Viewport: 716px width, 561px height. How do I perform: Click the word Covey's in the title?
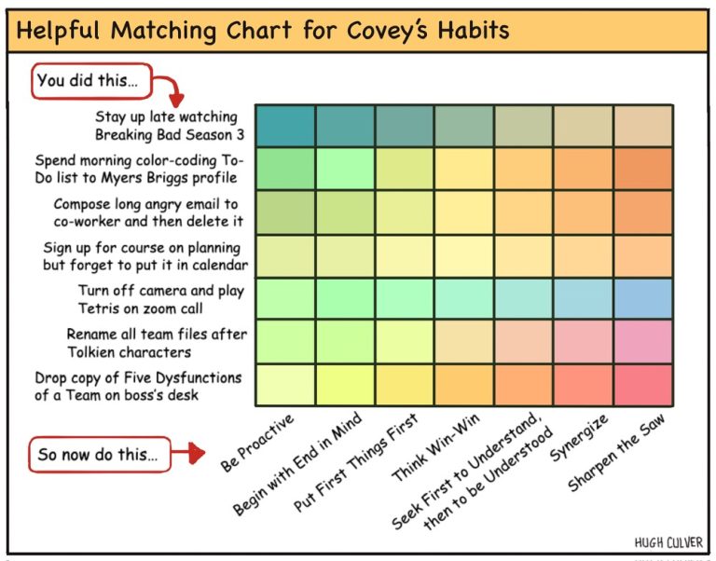pyautogui.click(x=388, y=31)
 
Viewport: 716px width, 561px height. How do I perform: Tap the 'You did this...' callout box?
pyautogui.click(x=91, y=81)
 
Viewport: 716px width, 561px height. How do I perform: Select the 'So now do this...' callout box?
pyautogui.click(x=100, y=454)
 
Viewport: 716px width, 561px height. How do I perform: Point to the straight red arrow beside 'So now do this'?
pyautogui.click(x=188, y=452)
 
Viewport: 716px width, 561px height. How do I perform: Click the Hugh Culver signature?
pyautogui.click(x=668, y=542)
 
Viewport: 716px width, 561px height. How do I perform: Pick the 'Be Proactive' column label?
pyautogui.click(x=257, y=443)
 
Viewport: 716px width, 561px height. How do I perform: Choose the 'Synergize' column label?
pyautogui.click(x=579, y=438)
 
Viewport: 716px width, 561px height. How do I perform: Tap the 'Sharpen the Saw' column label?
pyautogui.click(x=616, y=453)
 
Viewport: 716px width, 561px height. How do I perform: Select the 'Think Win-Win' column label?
pyautogui.click(x=435, y=447)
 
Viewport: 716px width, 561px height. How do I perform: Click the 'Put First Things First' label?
pyautogui.click(x=356, y=462)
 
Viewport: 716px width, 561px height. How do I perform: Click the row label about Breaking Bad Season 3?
pyautogui.click(x=170, y=126)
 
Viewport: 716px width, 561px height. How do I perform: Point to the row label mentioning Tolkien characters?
pyautogui.click(x=157, y=343)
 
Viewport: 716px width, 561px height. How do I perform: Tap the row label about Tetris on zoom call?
pyautogui.click(x=161, y=299)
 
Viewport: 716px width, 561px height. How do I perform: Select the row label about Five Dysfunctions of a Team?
pyautogui.click(x=138, y=386)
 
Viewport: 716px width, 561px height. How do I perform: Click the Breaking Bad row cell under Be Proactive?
pyautogui.click(x=285, y=126)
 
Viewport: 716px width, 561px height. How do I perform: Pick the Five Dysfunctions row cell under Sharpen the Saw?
pyautogui.click(x=643, y=385)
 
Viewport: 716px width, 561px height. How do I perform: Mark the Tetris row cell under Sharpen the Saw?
pyautogui.click(x=643, y=298)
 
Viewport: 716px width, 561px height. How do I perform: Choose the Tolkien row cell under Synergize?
pyautogui.click(x=583, y=342)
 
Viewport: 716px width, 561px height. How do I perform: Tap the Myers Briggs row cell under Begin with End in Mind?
pyautogui.click(x=345, y=169)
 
